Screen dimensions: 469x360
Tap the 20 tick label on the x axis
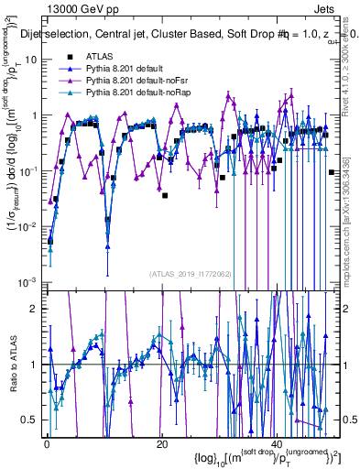(161, 443)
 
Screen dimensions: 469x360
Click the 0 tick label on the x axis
(47, 443)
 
